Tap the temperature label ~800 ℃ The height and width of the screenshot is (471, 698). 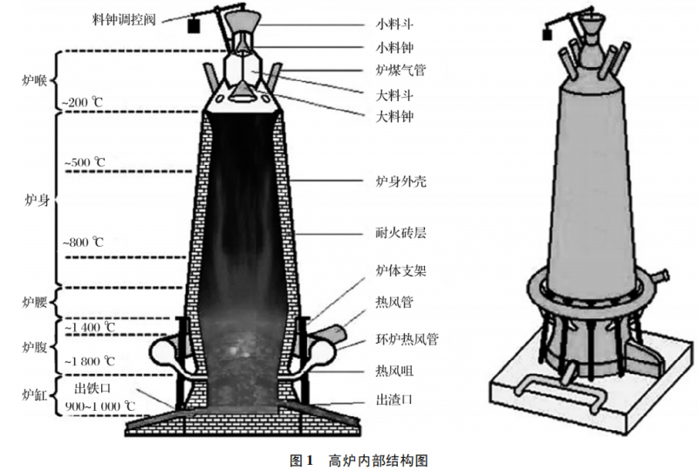point(84,242)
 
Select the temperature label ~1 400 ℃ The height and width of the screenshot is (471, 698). point(88,327)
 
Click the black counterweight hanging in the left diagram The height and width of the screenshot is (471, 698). point(191,25)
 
